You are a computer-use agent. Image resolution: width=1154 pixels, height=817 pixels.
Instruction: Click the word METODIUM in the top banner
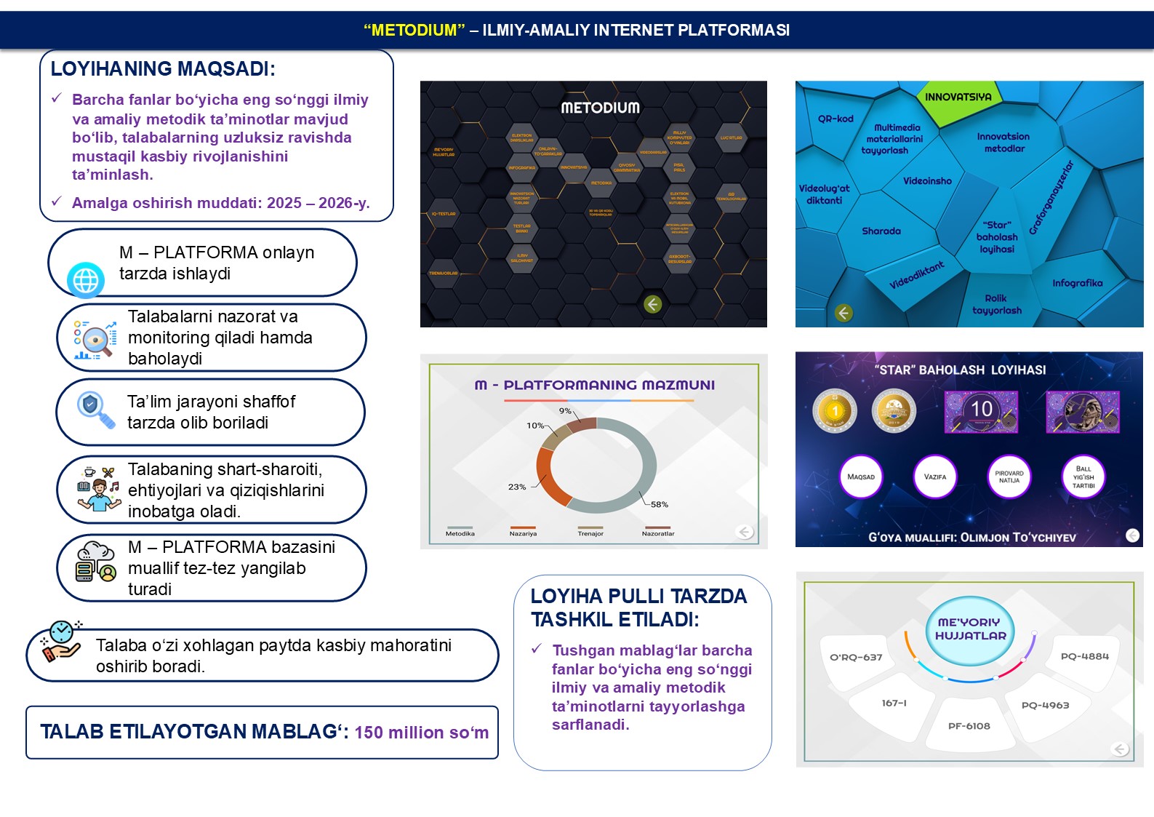point(414,31)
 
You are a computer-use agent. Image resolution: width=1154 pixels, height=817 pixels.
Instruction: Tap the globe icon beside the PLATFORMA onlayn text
point(86,280)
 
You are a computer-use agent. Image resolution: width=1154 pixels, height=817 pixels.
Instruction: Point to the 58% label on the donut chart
point(659,504)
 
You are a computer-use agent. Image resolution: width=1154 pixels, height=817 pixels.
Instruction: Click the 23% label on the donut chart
point(517,487)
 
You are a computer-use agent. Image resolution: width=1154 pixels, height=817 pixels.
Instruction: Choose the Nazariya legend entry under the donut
point(523,533)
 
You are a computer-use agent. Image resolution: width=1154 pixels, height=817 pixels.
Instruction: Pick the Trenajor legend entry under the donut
point(590,533)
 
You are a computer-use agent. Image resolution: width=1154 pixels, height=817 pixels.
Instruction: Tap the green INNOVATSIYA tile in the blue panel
point(958,97)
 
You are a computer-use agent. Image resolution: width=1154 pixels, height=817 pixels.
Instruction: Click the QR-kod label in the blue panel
point(836,119)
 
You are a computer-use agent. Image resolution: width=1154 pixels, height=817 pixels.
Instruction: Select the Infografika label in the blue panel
point(1077,283)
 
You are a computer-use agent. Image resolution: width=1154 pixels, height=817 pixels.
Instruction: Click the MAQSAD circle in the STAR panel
point(861,477)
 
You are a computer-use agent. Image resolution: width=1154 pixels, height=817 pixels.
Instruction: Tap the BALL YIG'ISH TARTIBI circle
point(1083,477)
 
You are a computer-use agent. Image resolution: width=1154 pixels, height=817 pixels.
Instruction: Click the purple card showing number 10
point(981,410)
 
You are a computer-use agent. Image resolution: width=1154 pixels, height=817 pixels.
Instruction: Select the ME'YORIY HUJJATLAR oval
point(970,629)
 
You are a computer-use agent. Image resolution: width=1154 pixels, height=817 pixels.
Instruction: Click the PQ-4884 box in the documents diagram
point(1084,656)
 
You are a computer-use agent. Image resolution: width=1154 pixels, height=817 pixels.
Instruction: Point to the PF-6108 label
point(969,726)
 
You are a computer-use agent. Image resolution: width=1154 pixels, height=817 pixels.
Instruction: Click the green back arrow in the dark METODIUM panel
point(652,304)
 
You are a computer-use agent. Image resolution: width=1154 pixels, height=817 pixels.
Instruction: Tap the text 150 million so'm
point(422,733)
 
